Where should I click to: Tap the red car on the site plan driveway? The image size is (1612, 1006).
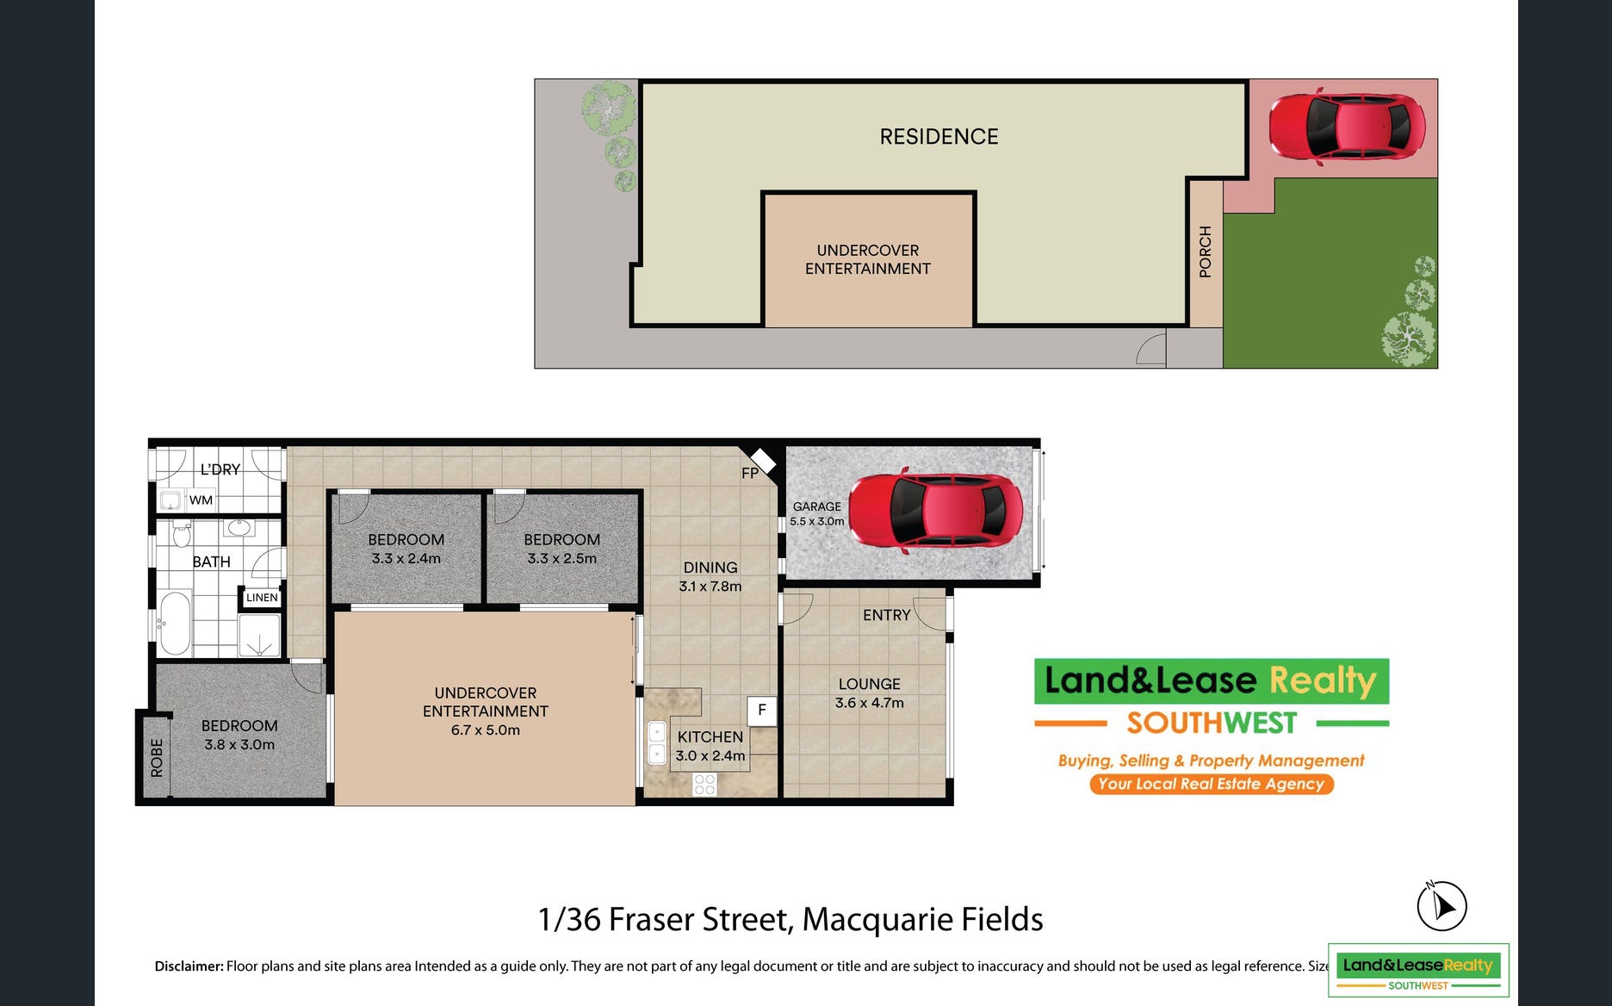click(x=1347, y=127)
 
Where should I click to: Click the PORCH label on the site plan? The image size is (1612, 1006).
click(x=1206, y=251)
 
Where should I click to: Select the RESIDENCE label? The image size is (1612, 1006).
click(x=939, y=136)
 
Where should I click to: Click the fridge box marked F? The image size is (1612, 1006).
click(x=761, y=711)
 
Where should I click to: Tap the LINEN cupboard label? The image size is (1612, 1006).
click(x=262, y=597)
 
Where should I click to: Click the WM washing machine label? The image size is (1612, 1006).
click(x=201, y=500)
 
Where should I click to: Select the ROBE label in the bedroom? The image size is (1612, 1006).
click(x=157, y=758)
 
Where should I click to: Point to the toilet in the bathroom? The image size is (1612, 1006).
click(x=182, y=534)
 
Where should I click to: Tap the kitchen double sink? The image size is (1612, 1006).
click(x=657, y=742)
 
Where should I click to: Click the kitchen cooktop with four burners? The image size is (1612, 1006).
click(x=704, y=784)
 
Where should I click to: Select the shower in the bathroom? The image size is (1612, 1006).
click(x=259, y=636)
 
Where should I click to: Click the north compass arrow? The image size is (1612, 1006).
click(x=1444, y=907)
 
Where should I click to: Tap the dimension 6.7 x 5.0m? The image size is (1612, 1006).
click(x=486, y=730)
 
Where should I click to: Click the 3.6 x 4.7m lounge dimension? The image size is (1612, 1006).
click(x=870, y=703)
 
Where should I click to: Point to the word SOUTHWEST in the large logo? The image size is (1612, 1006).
click(x=1212, y=723)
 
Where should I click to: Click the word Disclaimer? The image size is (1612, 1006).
click(x=189, y=966)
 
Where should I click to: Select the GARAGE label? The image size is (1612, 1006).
click(x=816, y=506)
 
